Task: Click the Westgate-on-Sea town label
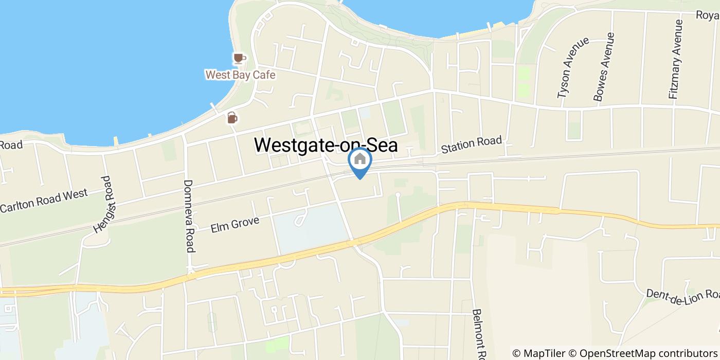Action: point(326,145)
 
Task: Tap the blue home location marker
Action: point(360,161)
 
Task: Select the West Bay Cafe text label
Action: point(240,75)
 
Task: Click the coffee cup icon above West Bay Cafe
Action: point(239,58)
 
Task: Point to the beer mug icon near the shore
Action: point(232,118)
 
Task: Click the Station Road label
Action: point(471,145)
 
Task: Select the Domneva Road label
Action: point(189,215)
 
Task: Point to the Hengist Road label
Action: point(102,204)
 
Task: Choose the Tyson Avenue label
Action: point(572,67)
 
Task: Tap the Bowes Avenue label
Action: point(604,67)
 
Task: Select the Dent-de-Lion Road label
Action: point(683,294)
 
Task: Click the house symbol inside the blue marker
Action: point(360,159)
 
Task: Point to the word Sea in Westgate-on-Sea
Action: point(382,145)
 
